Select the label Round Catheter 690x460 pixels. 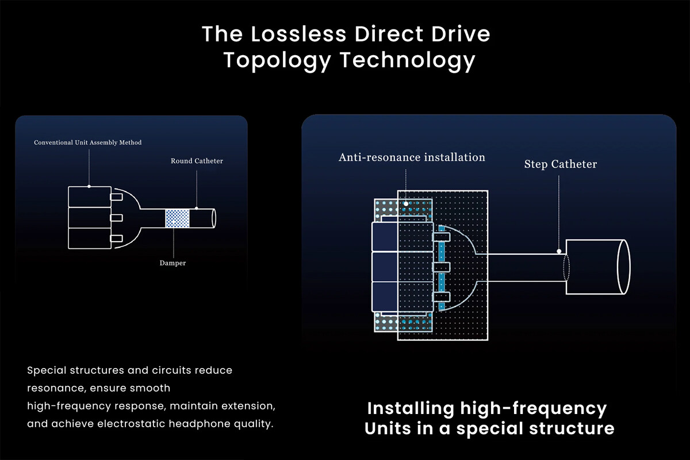197,161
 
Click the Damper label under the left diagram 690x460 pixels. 172,263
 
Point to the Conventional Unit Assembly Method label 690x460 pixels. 87,142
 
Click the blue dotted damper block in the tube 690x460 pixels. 177,218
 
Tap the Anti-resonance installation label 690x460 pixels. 412,157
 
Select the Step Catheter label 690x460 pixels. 560,164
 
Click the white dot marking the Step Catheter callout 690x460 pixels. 559,251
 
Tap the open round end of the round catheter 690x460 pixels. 214,218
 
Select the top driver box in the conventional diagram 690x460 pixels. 89,197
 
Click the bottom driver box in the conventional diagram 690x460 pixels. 89,238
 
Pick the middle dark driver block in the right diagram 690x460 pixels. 384,267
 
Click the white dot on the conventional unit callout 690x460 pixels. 89,186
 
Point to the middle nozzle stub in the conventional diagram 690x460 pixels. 117,218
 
